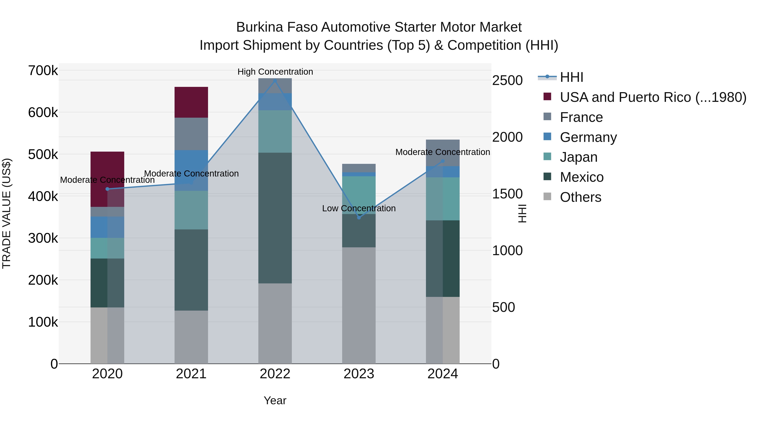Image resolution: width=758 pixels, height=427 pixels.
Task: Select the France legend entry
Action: (x=581, y=117)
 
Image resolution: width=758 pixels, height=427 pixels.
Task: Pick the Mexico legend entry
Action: (x=581, y=177)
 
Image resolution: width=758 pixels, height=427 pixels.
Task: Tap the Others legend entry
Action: (x=580, y=197)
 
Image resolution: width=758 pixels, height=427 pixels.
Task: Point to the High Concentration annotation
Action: (x=275, y=72)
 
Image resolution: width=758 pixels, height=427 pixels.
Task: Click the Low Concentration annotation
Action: (x=359, y=208)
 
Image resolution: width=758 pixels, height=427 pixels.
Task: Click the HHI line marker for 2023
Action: (x=359, y=217)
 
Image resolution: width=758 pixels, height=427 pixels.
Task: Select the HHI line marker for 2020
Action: (x=107, y=189)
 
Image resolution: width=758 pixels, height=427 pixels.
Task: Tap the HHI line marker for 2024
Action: (x=443, y=161)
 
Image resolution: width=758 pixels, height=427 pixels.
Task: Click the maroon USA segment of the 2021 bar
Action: (x=191, y=102)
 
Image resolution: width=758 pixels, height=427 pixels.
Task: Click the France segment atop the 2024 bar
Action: (x=443, y=153)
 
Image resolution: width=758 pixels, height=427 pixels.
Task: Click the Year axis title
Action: (x=275, y=400)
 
